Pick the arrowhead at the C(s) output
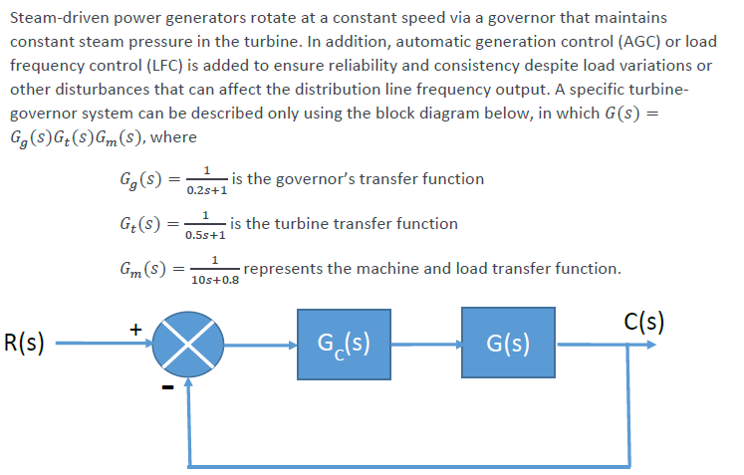[x=651, y=346]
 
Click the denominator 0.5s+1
[x=205, y=236]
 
